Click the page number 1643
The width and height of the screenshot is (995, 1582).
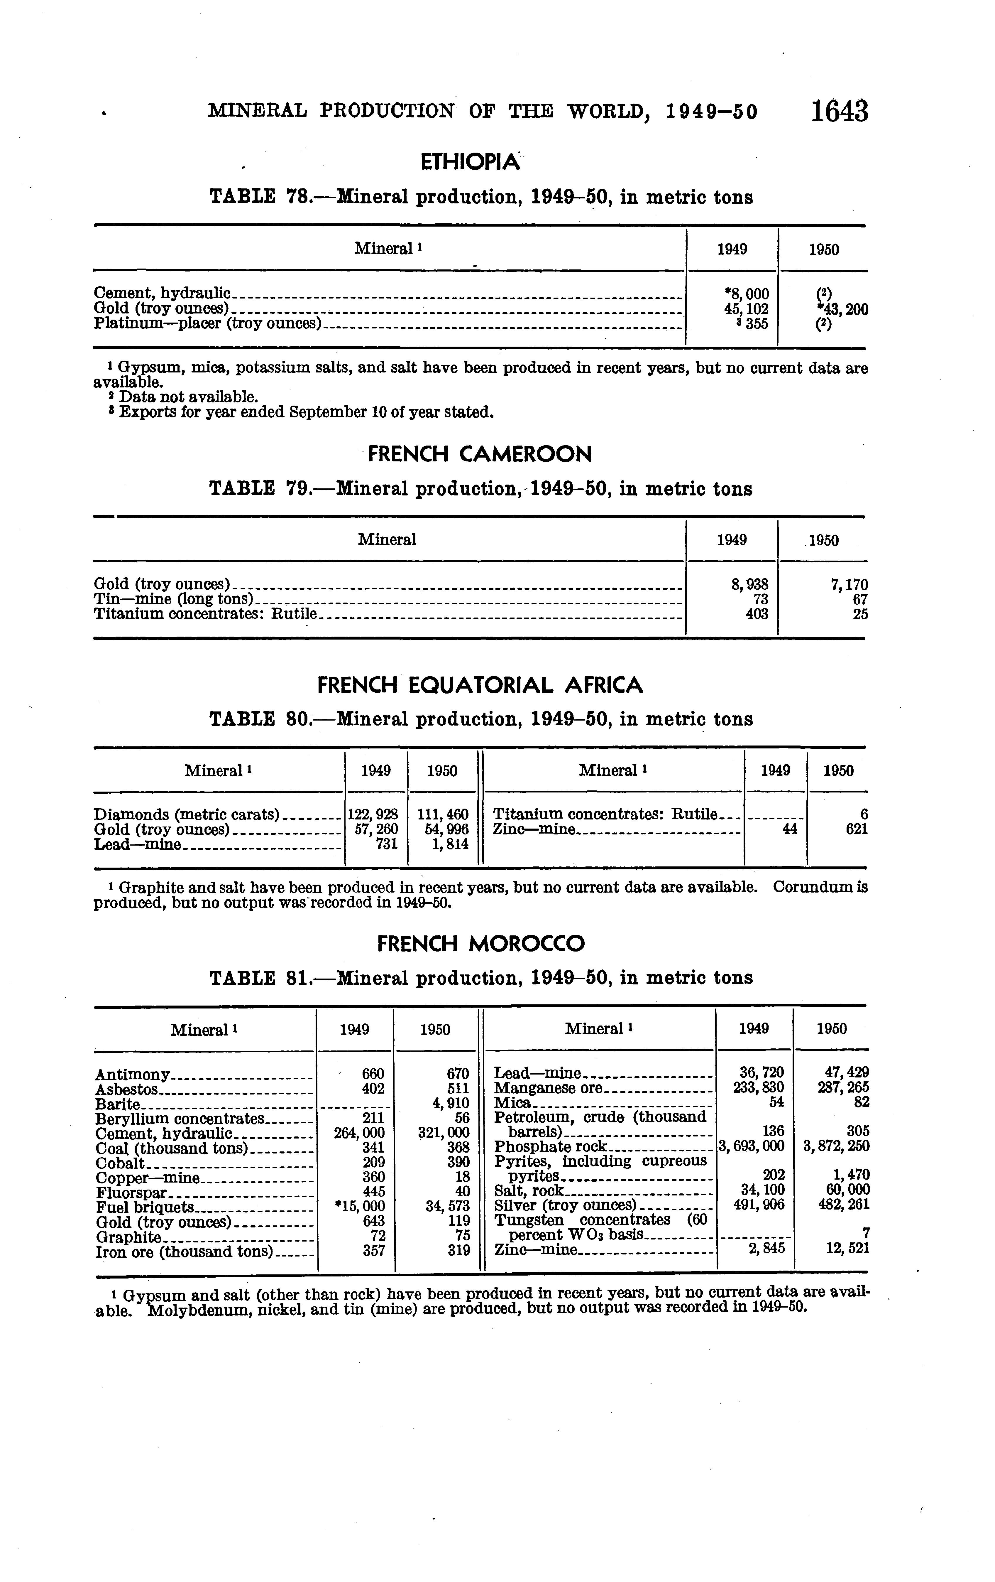coord(839,111)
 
